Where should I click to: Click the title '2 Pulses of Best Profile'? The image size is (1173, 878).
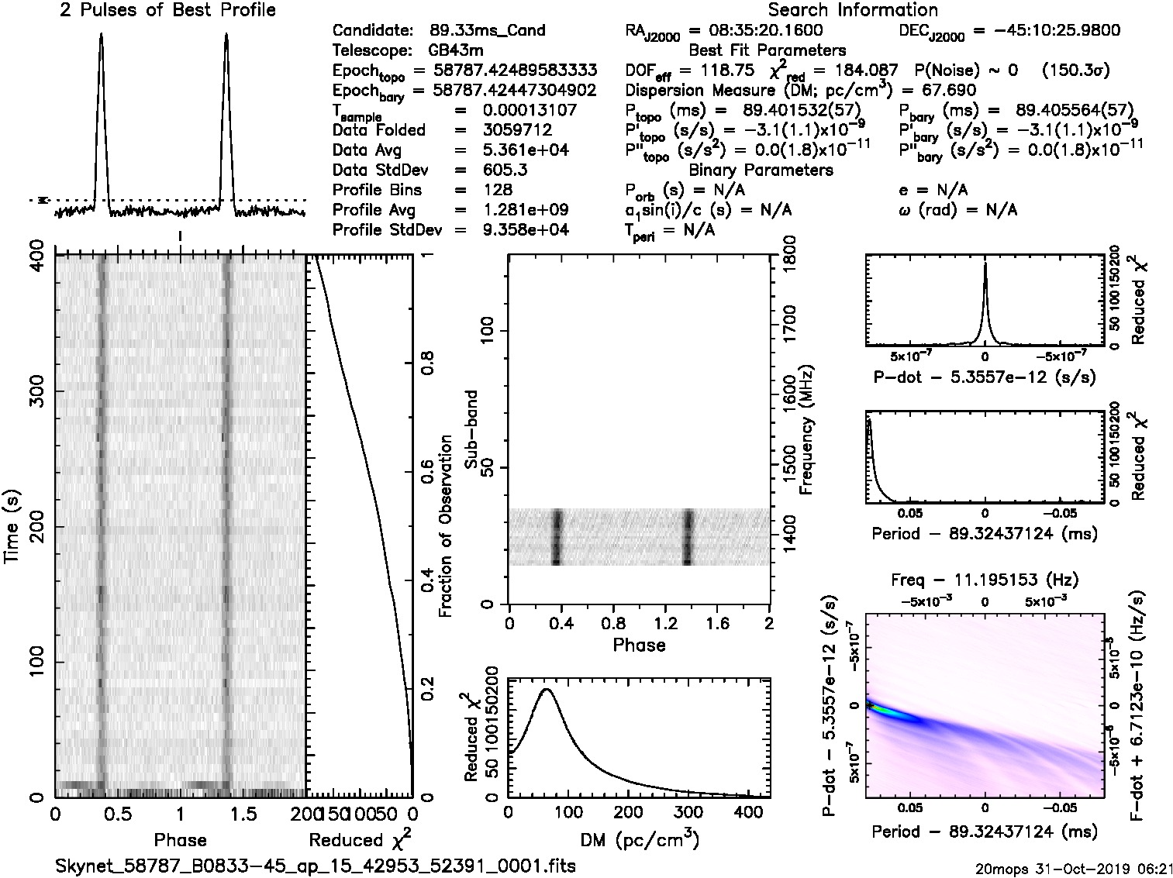[167, 10]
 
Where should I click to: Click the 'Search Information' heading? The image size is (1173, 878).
[853, 10]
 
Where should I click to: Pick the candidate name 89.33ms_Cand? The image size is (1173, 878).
[488, 30]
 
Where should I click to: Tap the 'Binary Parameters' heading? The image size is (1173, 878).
[761, 170]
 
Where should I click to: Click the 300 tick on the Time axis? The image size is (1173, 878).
[35, 391]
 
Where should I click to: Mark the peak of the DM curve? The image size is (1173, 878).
[547, 688]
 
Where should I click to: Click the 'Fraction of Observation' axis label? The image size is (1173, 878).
[445, 527]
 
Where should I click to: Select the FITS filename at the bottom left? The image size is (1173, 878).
[316, 866]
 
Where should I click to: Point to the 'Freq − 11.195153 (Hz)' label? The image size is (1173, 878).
[985, 580]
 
